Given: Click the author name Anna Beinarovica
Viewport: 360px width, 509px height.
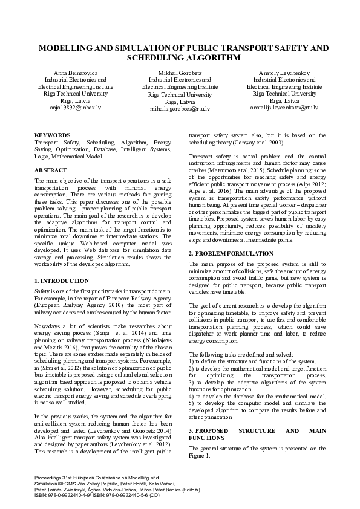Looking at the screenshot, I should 67,73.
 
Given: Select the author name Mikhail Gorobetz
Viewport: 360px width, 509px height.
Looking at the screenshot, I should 180,73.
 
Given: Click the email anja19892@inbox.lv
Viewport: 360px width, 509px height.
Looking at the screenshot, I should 67,107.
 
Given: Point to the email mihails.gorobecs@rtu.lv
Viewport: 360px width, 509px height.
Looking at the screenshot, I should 180,109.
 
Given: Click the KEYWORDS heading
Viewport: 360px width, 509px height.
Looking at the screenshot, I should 52,135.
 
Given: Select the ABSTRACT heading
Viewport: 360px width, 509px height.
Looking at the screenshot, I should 51,170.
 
